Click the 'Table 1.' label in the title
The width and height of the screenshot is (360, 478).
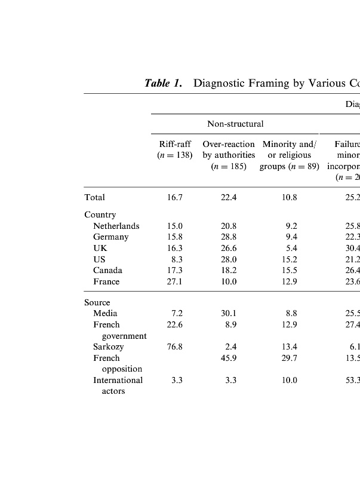[x=163, y=84]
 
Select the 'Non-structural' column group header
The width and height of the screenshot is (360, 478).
[x=235, y=124]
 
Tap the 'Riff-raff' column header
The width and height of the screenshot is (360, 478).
[x=175, y=145]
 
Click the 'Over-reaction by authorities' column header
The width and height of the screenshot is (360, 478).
[x=229, y=155]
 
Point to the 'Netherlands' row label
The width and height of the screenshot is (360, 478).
[x=116, y=226]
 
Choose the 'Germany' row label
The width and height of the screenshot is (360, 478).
[x=110, y=237]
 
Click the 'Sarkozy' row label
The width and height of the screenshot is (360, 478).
[x=108, y=347]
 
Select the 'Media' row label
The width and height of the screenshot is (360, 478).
[x=105, y=313]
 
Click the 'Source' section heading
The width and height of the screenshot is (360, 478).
[x=97, y=302]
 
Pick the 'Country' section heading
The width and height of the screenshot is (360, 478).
[x=100, y=215]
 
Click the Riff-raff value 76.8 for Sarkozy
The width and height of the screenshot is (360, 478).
[x=175, y=347]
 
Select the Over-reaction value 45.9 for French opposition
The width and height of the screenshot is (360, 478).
[x=229, y=358]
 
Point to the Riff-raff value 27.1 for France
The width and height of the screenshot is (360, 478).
[x=175, y=281]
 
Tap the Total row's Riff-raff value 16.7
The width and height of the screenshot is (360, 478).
[x=175, y=197]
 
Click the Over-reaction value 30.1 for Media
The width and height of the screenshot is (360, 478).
[x=229, y=313]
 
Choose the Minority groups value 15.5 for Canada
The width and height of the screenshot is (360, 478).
[x=289, y=271]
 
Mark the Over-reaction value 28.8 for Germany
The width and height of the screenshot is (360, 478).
[x=229, y=237]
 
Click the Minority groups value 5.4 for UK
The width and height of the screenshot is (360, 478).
[x=291, y=248]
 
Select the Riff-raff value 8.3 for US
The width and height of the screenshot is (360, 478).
[x=177, y=259]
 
